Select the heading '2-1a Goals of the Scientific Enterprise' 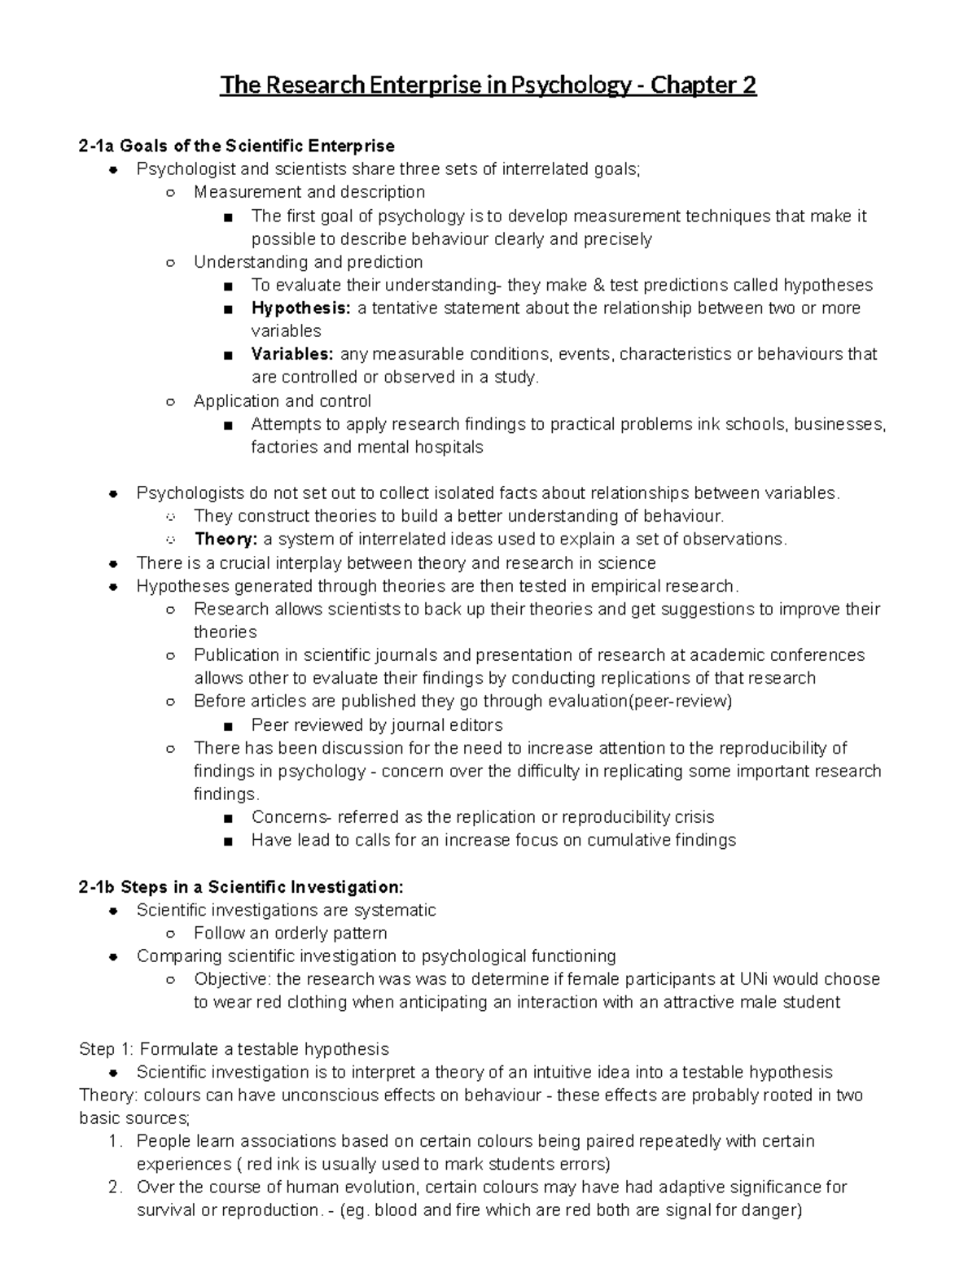pyautogui.click(x=236, y=146)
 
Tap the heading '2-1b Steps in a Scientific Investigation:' pyautogui.click(x=240, y=886)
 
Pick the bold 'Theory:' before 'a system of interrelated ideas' pyautogui.click(x=226, y=539)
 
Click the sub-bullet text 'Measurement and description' pyautogui.click(x=309, y=192)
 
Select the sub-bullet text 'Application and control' pyautogui.click(x=283, y=400)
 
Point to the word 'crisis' pyautogui.click(x=694, y=816)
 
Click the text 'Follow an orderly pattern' pyautogui.click(x=290, y=933)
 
